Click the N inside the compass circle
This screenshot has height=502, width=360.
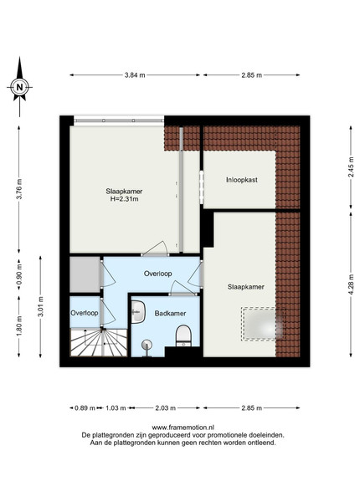coord(20,87)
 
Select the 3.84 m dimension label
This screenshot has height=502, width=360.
coord(135,75)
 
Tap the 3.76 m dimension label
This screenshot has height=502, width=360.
coord(19,189)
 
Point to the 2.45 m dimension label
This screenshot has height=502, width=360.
coord(351,166)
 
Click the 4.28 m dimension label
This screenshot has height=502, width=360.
coord(351,284)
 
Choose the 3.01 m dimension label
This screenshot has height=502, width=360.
coord(41,306)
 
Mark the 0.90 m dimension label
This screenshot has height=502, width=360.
coord(19,274)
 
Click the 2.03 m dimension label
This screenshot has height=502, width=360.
coord(165,408)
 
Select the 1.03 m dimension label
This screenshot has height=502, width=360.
coord(116,408)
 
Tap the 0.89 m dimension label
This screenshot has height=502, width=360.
coord(85,408)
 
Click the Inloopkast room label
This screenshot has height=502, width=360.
coord(242,180)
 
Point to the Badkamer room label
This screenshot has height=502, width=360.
coord(170,314)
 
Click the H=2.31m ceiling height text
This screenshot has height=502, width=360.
coord(124,199)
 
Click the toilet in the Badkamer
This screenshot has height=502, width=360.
coord(183,336)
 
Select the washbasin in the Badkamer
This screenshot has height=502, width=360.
coord(138,312)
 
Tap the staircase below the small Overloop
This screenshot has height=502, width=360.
coord(99,342)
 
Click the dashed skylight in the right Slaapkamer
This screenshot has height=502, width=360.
coord(263,324)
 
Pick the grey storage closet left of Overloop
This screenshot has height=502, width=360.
coord(85,274)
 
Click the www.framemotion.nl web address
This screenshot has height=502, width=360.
coord(183,428)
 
